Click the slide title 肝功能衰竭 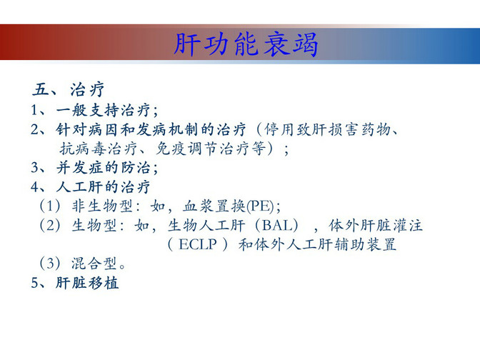(246, 45)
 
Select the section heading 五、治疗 (69, 89)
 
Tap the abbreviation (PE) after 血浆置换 (260, 206)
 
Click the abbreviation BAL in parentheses (276, 226)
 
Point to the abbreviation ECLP (198, 244)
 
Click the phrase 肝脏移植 (87, 283)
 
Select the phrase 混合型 (94, 264)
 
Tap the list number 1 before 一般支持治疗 (34, 110)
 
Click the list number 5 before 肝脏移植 (34, 283)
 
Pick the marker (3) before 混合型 (50, 264)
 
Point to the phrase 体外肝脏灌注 (376, 226)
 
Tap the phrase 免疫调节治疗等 (211, 149)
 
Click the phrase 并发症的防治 (104, 168)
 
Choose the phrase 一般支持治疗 (103, 110)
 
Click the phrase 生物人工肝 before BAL (206, 226)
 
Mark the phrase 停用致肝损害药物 (327, 129)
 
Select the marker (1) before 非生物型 (50, 206)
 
